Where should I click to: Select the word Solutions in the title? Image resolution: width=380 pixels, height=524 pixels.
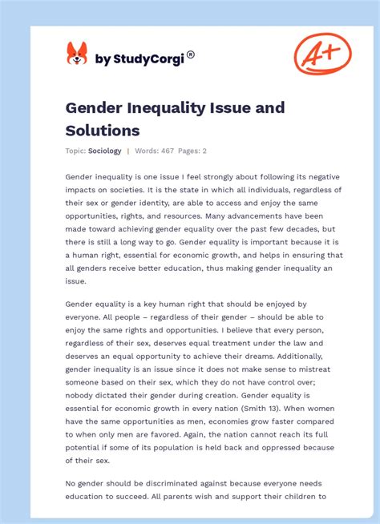click(x=103, y=130)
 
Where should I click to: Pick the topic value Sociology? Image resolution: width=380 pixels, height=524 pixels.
click(x=105, y=151)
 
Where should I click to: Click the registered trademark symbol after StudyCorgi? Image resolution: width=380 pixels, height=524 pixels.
click(x=190, y=54)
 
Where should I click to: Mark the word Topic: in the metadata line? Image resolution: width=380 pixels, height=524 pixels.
click(x=75, y=151)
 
